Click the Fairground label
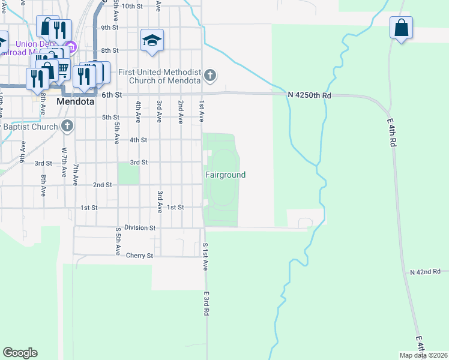[226, 175]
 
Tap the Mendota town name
[76, 102]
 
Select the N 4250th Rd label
[309, 95]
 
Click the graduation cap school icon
[152, 40]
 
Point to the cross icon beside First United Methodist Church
[209, 76]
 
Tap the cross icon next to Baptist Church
[67, 127]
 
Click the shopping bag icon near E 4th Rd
[401, 28]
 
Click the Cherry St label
[140, 256]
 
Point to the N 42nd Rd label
[426, 272]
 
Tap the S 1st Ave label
[205, 257]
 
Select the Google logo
[20, 353]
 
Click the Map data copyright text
[423, 355]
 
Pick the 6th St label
[112, 95]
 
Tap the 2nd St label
[102, 185]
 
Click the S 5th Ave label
[118, 238]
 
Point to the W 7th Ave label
[64, 163]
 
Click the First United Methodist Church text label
[159, 76]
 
